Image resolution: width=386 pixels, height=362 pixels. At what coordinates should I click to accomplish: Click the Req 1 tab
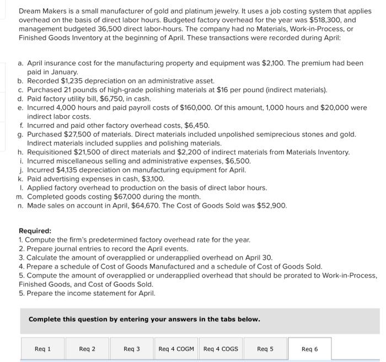pyautogui.click(x=42, y=349)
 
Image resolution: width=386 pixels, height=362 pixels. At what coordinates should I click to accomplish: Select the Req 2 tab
pyautogui.click(x=87, y=349)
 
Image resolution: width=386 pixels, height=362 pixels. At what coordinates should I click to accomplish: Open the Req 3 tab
pyautogui.click(x=132, y=349)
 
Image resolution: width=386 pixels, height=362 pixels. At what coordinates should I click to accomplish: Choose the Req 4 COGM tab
pyautogui.click(x=176, y=349)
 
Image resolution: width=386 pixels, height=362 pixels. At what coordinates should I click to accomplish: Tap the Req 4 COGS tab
pyautogui.click(x=221, y=349)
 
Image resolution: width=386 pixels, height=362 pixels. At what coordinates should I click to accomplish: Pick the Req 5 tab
pyautogui.click(x=265, y=349)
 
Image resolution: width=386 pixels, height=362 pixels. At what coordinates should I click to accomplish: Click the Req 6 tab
pyautogui.click(x=310, y=349)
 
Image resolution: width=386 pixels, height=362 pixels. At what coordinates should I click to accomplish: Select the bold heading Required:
pyautogui.click(x=35, y=231)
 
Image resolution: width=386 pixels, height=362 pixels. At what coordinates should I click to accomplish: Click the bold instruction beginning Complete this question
pyautogui.click(x=144, y=319)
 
